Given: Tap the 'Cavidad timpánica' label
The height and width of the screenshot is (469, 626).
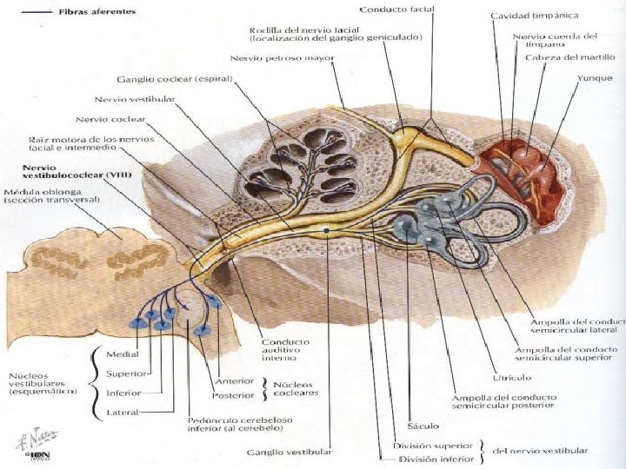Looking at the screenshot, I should (534, 17).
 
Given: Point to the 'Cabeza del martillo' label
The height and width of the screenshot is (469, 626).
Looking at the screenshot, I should (569, 57).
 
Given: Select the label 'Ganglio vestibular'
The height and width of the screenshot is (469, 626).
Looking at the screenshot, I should (290, 452).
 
